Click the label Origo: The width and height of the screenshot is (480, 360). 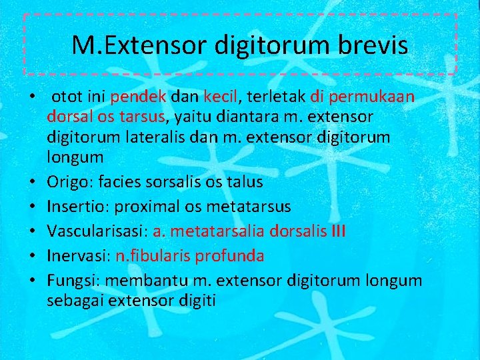pyautogui.click(x=70, y=182)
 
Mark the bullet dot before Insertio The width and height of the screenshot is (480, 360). pyautogui.click(x=31, y=207)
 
